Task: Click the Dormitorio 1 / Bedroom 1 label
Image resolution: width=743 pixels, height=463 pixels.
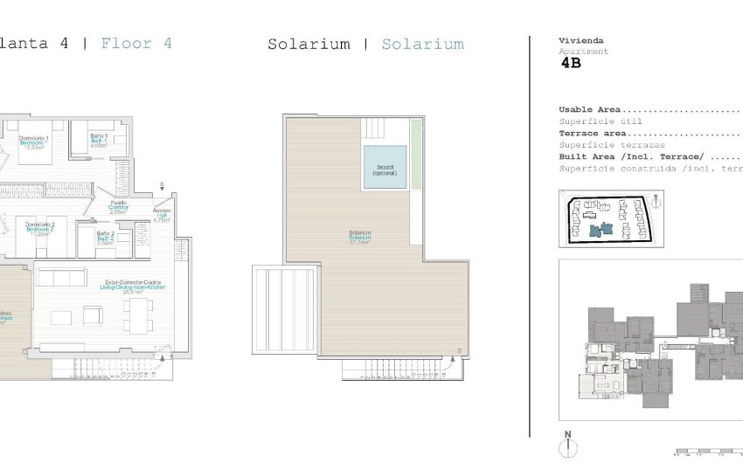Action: tap(34, 142)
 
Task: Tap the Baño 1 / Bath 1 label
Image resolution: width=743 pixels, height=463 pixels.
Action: tap(98, 140)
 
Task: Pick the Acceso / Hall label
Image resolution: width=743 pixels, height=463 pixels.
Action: tap(163, 214)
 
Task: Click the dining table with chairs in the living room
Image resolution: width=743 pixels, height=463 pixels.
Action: tap(137, 316)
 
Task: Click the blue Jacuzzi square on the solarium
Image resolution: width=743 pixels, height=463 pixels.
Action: tap(385, 167)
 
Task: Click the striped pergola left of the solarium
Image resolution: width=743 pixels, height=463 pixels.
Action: tap(284, 309)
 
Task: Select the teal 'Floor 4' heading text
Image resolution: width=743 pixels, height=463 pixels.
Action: tap(136, 43)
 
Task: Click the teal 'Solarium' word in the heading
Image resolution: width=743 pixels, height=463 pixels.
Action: tap(422, 44)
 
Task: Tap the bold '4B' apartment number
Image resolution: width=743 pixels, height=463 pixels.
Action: tap(570, 63)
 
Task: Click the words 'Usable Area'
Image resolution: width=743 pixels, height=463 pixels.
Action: tap(589, 110)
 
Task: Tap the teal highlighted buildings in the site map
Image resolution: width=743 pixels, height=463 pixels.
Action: tap(601, 230)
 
